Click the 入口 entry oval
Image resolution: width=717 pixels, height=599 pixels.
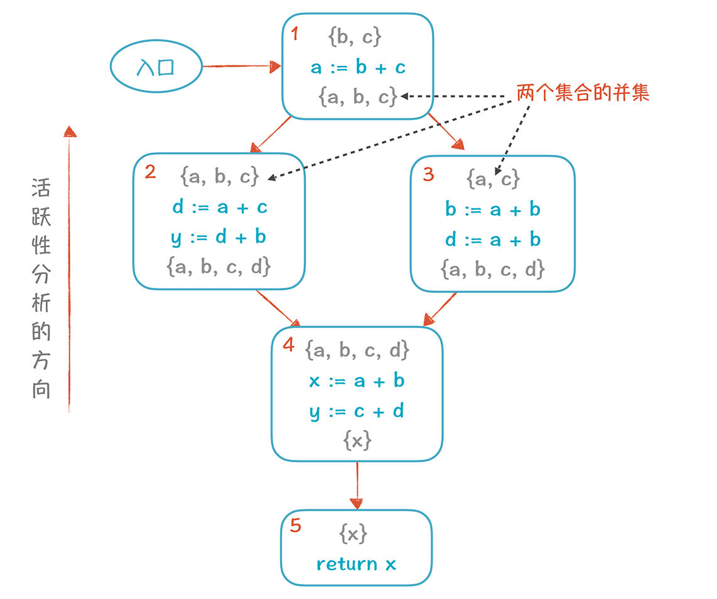pyautogui.click(x=156, y=66)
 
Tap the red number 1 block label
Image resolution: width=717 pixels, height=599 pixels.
pyautogui.click(x=295, y=33)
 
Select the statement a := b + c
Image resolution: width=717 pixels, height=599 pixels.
pyautogui.click(x=358, y=67)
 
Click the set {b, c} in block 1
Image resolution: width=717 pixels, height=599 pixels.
pyautogui.click(x=355, y=36)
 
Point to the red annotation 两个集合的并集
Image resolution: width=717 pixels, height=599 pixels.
pyautogui.click(x=583, y=93)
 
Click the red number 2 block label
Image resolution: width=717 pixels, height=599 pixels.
pyautogui.click(x=151, y=172)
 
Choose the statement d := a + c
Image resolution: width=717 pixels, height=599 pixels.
pyautogui.click(x=220, y=208)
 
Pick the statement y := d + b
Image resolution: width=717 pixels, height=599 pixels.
pyautogui.click(x=218, y=238)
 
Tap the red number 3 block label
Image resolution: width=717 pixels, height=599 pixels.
pyautogui.click(x=428, y=174)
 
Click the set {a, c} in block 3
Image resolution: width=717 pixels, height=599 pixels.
pyautogui.click(x=493, y=179)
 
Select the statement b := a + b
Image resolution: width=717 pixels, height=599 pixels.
pyautogui.click(x=493, y=209)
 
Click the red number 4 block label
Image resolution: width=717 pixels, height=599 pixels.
pyautogui.click(x=289, y=344)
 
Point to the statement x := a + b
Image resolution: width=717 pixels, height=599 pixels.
pyautogui.click(x=357, y=381)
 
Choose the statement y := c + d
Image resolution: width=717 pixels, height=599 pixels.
pyautogui.click(x=357, y=411)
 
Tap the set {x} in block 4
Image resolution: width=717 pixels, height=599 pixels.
pyautogui.click(x=357, y=441)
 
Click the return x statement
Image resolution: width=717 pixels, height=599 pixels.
pyautogui.click(x=356, y=565)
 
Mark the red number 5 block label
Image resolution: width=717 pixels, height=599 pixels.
pyautogui.click(x=296, y=526)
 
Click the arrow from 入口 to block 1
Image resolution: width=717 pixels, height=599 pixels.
pyautogui.click(x=242, y=66)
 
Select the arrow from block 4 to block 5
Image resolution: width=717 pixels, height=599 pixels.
pyautogui.click(x=357, y=485)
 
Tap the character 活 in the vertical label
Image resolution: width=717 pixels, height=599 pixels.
pyautogui.click(x=41, y=188)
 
